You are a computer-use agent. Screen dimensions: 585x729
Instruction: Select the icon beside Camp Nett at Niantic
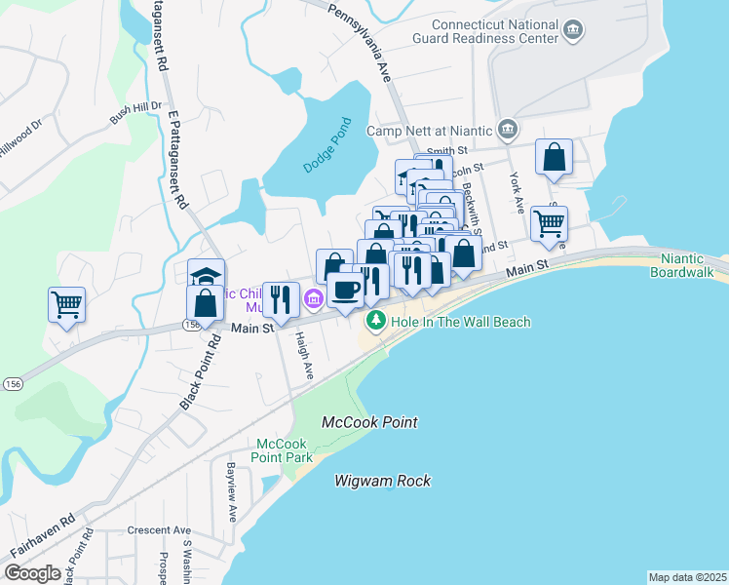point(508,130)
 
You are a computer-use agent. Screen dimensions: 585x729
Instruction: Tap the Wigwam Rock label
point(382,481)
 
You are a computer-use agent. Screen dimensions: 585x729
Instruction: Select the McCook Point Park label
point(282,449)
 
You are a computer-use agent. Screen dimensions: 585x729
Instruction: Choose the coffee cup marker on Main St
point(345,289)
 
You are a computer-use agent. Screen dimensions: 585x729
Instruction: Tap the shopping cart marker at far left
point(66,305)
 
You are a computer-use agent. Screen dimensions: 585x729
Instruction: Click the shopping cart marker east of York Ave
point(550,222)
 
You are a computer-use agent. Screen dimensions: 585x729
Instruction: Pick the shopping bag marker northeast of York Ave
point(554,158)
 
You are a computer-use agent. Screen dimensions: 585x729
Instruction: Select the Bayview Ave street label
point(232,492)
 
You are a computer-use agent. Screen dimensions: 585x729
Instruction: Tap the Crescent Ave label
point(159,531)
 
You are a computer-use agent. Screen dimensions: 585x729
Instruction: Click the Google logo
point(32,573)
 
